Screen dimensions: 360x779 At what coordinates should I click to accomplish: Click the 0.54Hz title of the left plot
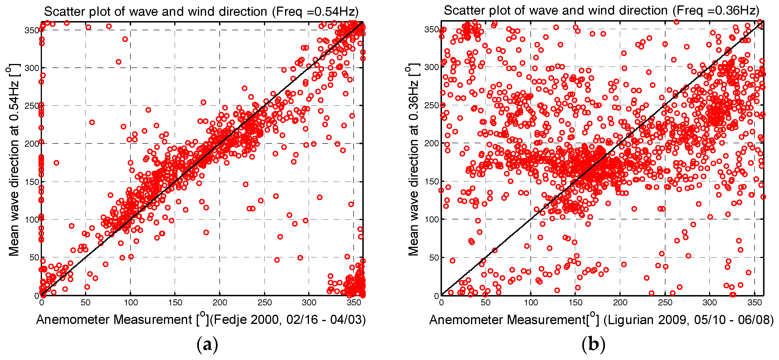(x=201, y=11)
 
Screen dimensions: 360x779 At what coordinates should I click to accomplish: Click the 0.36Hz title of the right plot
(x=601, y=11)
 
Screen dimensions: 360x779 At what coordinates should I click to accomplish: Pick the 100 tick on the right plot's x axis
(x=531, y=303)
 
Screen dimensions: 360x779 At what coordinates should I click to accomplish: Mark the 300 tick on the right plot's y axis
(x=431, y=67)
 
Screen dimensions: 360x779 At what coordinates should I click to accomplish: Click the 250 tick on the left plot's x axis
(x=264, y=303)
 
